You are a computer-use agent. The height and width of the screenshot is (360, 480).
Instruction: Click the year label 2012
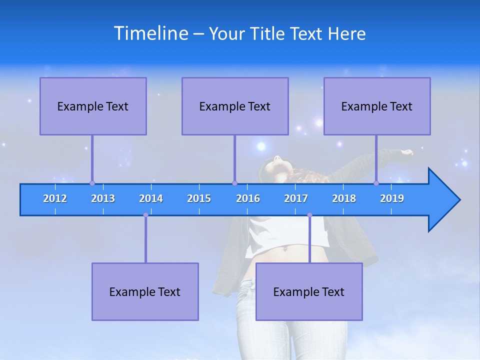click(55, 198)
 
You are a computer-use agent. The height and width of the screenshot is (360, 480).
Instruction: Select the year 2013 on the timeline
click(103, 198)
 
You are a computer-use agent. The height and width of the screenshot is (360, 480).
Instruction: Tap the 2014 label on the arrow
click(151, 198)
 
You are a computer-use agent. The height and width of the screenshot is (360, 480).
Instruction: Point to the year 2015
click(199, 198)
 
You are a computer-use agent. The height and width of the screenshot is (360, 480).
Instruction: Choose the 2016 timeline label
click(248, 198)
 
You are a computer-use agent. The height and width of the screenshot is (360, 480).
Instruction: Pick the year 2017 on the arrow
click(296, 198)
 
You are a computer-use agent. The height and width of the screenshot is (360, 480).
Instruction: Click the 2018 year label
click(344, 198)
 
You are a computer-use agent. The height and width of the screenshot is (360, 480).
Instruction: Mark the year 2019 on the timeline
click(392, 198)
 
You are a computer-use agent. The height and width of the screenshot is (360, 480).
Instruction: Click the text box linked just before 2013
click(93, 106)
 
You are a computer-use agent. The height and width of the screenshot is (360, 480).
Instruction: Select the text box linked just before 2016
click(235, 106)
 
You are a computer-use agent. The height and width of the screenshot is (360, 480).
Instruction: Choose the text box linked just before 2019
click(377, 106)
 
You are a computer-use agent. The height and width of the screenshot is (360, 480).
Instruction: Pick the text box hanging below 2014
click(145, 291)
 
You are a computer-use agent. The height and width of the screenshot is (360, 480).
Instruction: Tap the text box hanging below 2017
click(309, 291)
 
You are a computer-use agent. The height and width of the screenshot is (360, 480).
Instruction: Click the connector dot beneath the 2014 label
click(145, 215)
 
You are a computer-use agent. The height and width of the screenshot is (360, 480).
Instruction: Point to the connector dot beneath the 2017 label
click(309, 215)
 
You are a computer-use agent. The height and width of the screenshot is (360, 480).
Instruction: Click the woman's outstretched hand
click(408, 152)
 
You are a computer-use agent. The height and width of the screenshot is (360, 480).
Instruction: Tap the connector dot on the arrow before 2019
click(376, 183)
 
